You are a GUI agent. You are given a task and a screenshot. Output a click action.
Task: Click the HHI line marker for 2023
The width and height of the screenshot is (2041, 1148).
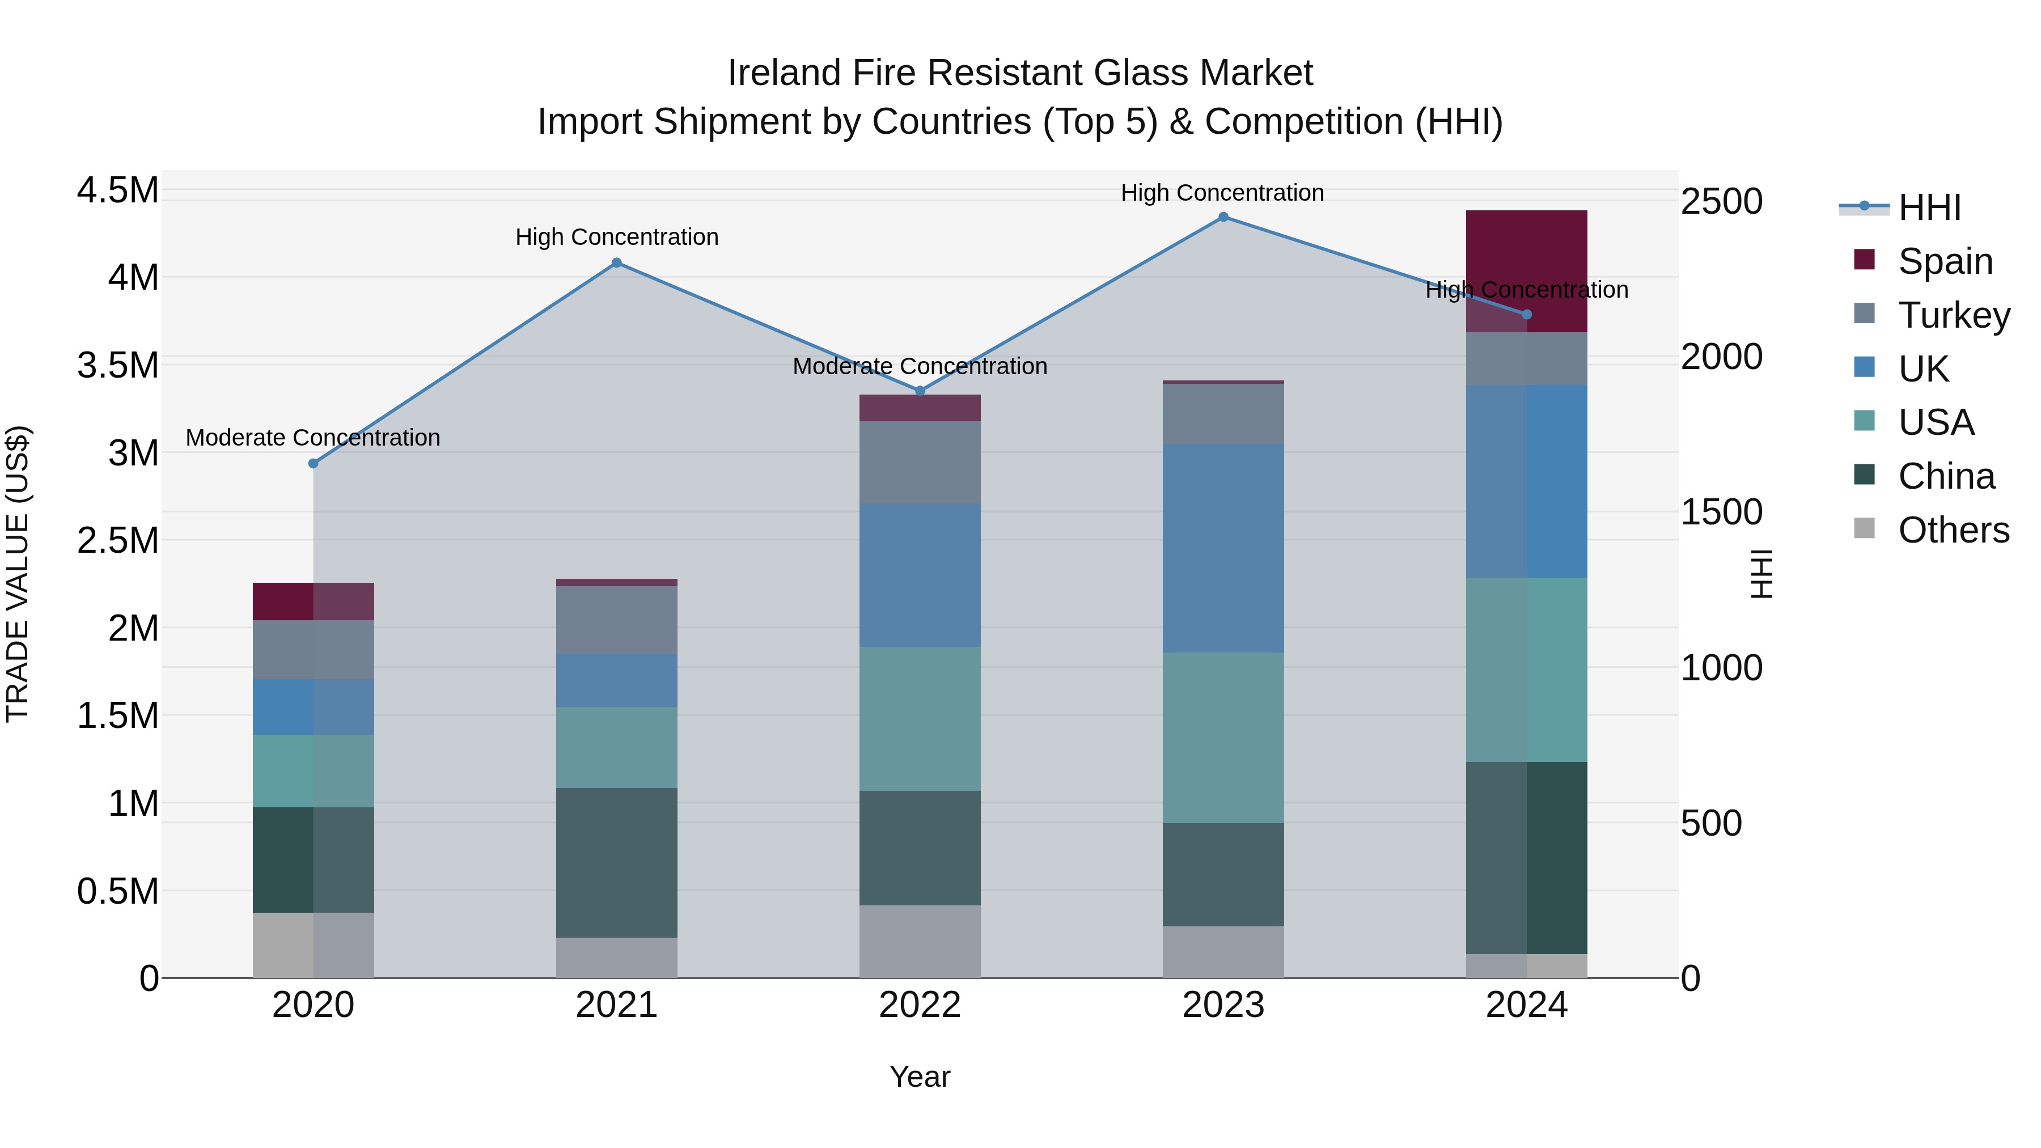point(1223,217)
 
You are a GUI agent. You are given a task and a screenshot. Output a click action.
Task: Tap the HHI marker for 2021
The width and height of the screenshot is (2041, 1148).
point(616,263)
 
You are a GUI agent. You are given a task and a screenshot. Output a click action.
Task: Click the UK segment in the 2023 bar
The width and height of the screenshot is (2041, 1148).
point(1223,548)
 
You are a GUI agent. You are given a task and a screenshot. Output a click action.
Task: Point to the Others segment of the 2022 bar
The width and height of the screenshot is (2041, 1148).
point(920,941)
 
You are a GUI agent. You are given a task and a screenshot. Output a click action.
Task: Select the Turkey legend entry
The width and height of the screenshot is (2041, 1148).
point(1954,315)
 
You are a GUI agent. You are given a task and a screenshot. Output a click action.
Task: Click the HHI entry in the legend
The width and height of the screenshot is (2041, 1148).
point(1929,207)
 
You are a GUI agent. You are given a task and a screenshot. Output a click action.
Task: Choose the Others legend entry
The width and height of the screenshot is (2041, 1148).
point(1953,530)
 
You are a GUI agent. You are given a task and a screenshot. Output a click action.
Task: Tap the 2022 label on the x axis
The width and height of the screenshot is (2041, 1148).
point(920,1005)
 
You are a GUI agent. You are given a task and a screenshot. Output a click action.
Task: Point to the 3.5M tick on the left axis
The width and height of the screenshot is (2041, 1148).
point(117,365)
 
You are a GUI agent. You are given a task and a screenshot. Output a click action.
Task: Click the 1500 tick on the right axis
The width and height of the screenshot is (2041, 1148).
point(1721,512)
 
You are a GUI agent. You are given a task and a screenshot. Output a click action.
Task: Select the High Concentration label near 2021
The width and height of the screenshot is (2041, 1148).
point(616,237)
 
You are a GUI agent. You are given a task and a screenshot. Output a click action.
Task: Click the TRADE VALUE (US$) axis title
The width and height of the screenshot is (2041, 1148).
point(18,574)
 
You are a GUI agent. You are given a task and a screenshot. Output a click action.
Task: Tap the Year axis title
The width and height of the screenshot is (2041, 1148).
point(920,1077)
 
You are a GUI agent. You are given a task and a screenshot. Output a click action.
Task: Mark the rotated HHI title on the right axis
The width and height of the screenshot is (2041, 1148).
point(1760,574)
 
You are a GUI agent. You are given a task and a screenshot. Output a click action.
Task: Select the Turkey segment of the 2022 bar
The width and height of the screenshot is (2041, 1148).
point(920,462)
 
